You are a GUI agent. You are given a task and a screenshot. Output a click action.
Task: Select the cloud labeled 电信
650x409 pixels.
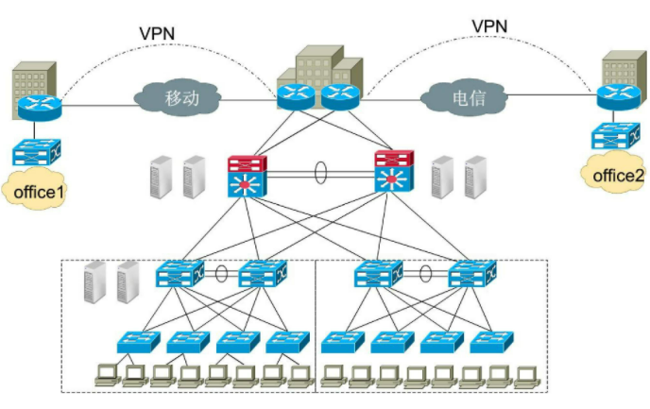coord(463,96)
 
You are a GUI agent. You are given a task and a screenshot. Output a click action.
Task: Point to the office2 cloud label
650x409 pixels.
coord(612,175)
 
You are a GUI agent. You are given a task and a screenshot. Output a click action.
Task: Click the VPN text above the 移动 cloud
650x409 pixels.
coord(156,33)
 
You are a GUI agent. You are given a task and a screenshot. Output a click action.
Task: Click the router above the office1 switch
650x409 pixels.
coord(38,105)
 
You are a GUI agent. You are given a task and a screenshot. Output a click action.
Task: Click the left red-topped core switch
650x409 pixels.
coord(248,174)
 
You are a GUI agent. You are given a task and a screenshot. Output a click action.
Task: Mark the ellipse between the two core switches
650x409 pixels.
coord(320,175)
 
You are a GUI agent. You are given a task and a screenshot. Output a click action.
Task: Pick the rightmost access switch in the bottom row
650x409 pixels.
coord(487,342)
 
